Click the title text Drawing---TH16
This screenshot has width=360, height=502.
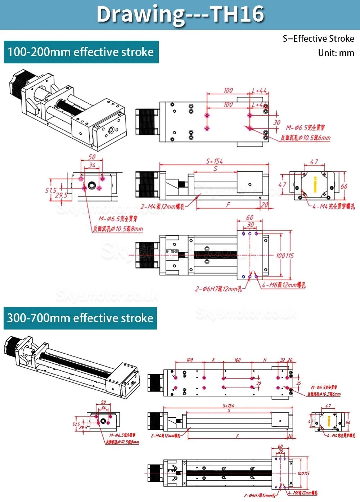point(180,14)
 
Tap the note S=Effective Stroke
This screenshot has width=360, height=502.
point(318,39)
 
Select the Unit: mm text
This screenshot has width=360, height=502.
point(336,53)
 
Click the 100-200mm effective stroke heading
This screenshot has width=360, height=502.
point(81,52)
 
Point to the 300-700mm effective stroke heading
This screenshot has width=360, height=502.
point(80,318)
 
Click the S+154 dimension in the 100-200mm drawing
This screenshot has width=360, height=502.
point(214,161)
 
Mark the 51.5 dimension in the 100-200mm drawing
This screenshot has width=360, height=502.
point(51,190)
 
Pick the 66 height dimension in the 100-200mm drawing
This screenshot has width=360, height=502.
point(344,186)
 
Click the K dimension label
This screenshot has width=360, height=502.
point(213,360)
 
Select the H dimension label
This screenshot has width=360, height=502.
point(265,360)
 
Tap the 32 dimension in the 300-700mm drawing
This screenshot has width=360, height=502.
point(283,360)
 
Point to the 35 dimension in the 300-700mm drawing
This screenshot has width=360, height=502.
point(298,383)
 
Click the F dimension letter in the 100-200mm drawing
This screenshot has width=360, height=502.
point(228,205)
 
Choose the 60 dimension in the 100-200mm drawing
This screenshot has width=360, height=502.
point(249,218)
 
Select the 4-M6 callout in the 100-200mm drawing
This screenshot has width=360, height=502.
point(284,285)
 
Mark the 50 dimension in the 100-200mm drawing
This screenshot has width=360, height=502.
point(92,157)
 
